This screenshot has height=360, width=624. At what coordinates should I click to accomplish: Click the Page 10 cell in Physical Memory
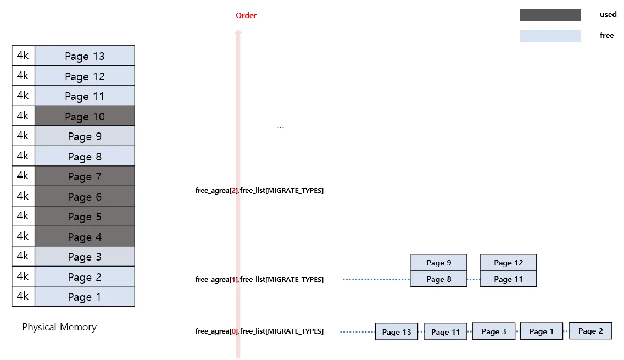[x=85, y=116]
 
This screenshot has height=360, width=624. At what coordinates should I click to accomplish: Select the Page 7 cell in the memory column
[x=85, y=176]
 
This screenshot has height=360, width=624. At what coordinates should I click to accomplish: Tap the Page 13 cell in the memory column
[x=85, y=56]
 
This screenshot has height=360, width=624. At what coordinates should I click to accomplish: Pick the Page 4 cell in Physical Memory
[x=85, y=237]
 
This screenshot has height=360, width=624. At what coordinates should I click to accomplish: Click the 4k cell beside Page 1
[x=23, y=296]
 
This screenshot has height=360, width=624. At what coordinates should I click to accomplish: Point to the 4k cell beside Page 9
[x=23, y=136]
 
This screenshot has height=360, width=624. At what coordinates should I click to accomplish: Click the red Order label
[x=246, y=15]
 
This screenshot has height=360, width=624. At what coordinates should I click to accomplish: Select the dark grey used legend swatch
[x=550, y=15]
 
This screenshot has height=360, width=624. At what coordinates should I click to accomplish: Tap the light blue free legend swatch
[x=550, y=36]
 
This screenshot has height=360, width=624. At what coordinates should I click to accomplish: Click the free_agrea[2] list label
[x=259, y=191]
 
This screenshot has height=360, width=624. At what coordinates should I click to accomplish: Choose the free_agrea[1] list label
[x=259, y=280]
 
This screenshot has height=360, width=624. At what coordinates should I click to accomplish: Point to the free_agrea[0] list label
[x=259, y=331]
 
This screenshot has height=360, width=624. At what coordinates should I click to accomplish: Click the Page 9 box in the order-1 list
[x=439, y=263]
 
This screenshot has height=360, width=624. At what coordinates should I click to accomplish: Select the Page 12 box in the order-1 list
[x=508, y=263]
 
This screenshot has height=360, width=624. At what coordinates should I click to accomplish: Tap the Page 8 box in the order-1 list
[x=439, y=279]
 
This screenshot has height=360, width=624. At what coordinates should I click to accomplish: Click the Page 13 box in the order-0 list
[x=397, y=332]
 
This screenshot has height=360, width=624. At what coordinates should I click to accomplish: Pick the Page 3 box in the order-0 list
[x=494, y=331]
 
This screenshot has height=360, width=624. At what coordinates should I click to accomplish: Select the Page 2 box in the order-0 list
[x=590, y=331]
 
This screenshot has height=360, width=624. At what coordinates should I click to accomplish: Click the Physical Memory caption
[x=59, y=327]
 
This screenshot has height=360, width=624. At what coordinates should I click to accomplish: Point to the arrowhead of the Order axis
[x=238, y=32]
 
